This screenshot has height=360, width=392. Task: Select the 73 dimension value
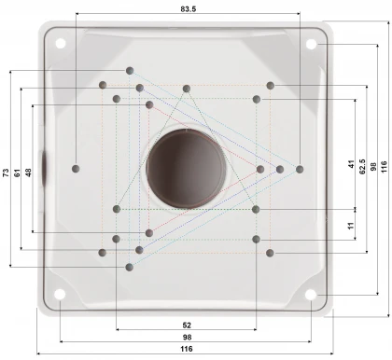pyautogui.click(x=6, y=173)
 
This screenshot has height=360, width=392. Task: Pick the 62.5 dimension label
pyautogui.click(x=362, y=167)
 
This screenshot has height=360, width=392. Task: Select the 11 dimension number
pyautogui.click(x=351, y=226)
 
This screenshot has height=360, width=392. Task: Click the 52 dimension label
pyautogui.click(x=187, y=325)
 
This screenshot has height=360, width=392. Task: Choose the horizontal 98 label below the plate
pyautogui.click(x=187, y=337)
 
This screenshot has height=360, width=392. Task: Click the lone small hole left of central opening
pyautogui.click(x=75, y=169)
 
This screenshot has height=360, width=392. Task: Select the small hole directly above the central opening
pyautogui.click(x=186, y=89)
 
